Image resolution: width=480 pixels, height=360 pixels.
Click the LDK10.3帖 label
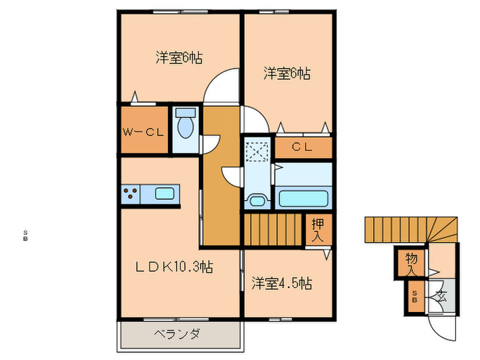pos(173,267)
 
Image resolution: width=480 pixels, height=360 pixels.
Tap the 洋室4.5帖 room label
pos(281,283)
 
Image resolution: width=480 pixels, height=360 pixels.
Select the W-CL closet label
pos(143,132)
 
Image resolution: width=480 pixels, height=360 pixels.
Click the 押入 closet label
pos(317,229)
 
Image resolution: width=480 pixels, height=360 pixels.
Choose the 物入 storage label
pos(411,264)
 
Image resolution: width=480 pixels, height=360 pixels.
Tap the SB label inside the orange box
pos(414,297)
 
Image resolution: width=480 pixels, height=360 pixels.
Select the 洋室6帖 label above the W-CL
pos(178,58)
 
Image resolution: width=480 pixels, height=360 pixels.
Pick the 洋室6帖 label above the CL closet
pos(287,73)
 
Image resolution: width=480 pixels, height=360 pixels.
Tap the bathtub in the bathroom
pos(304,198)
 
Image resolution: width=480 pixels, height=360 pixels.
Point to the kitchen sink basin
pos(165,193)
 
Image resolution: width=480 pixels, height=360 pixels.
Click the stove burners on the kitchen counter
pos(130,193)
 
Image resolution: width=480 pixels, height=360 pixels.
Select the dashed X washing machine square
pos(258,151)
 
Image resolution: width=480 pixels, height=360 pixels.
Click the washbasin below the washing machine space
pos(256,200)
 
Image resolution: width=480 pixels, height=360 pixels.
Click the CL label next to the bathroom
pos(302,146)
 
